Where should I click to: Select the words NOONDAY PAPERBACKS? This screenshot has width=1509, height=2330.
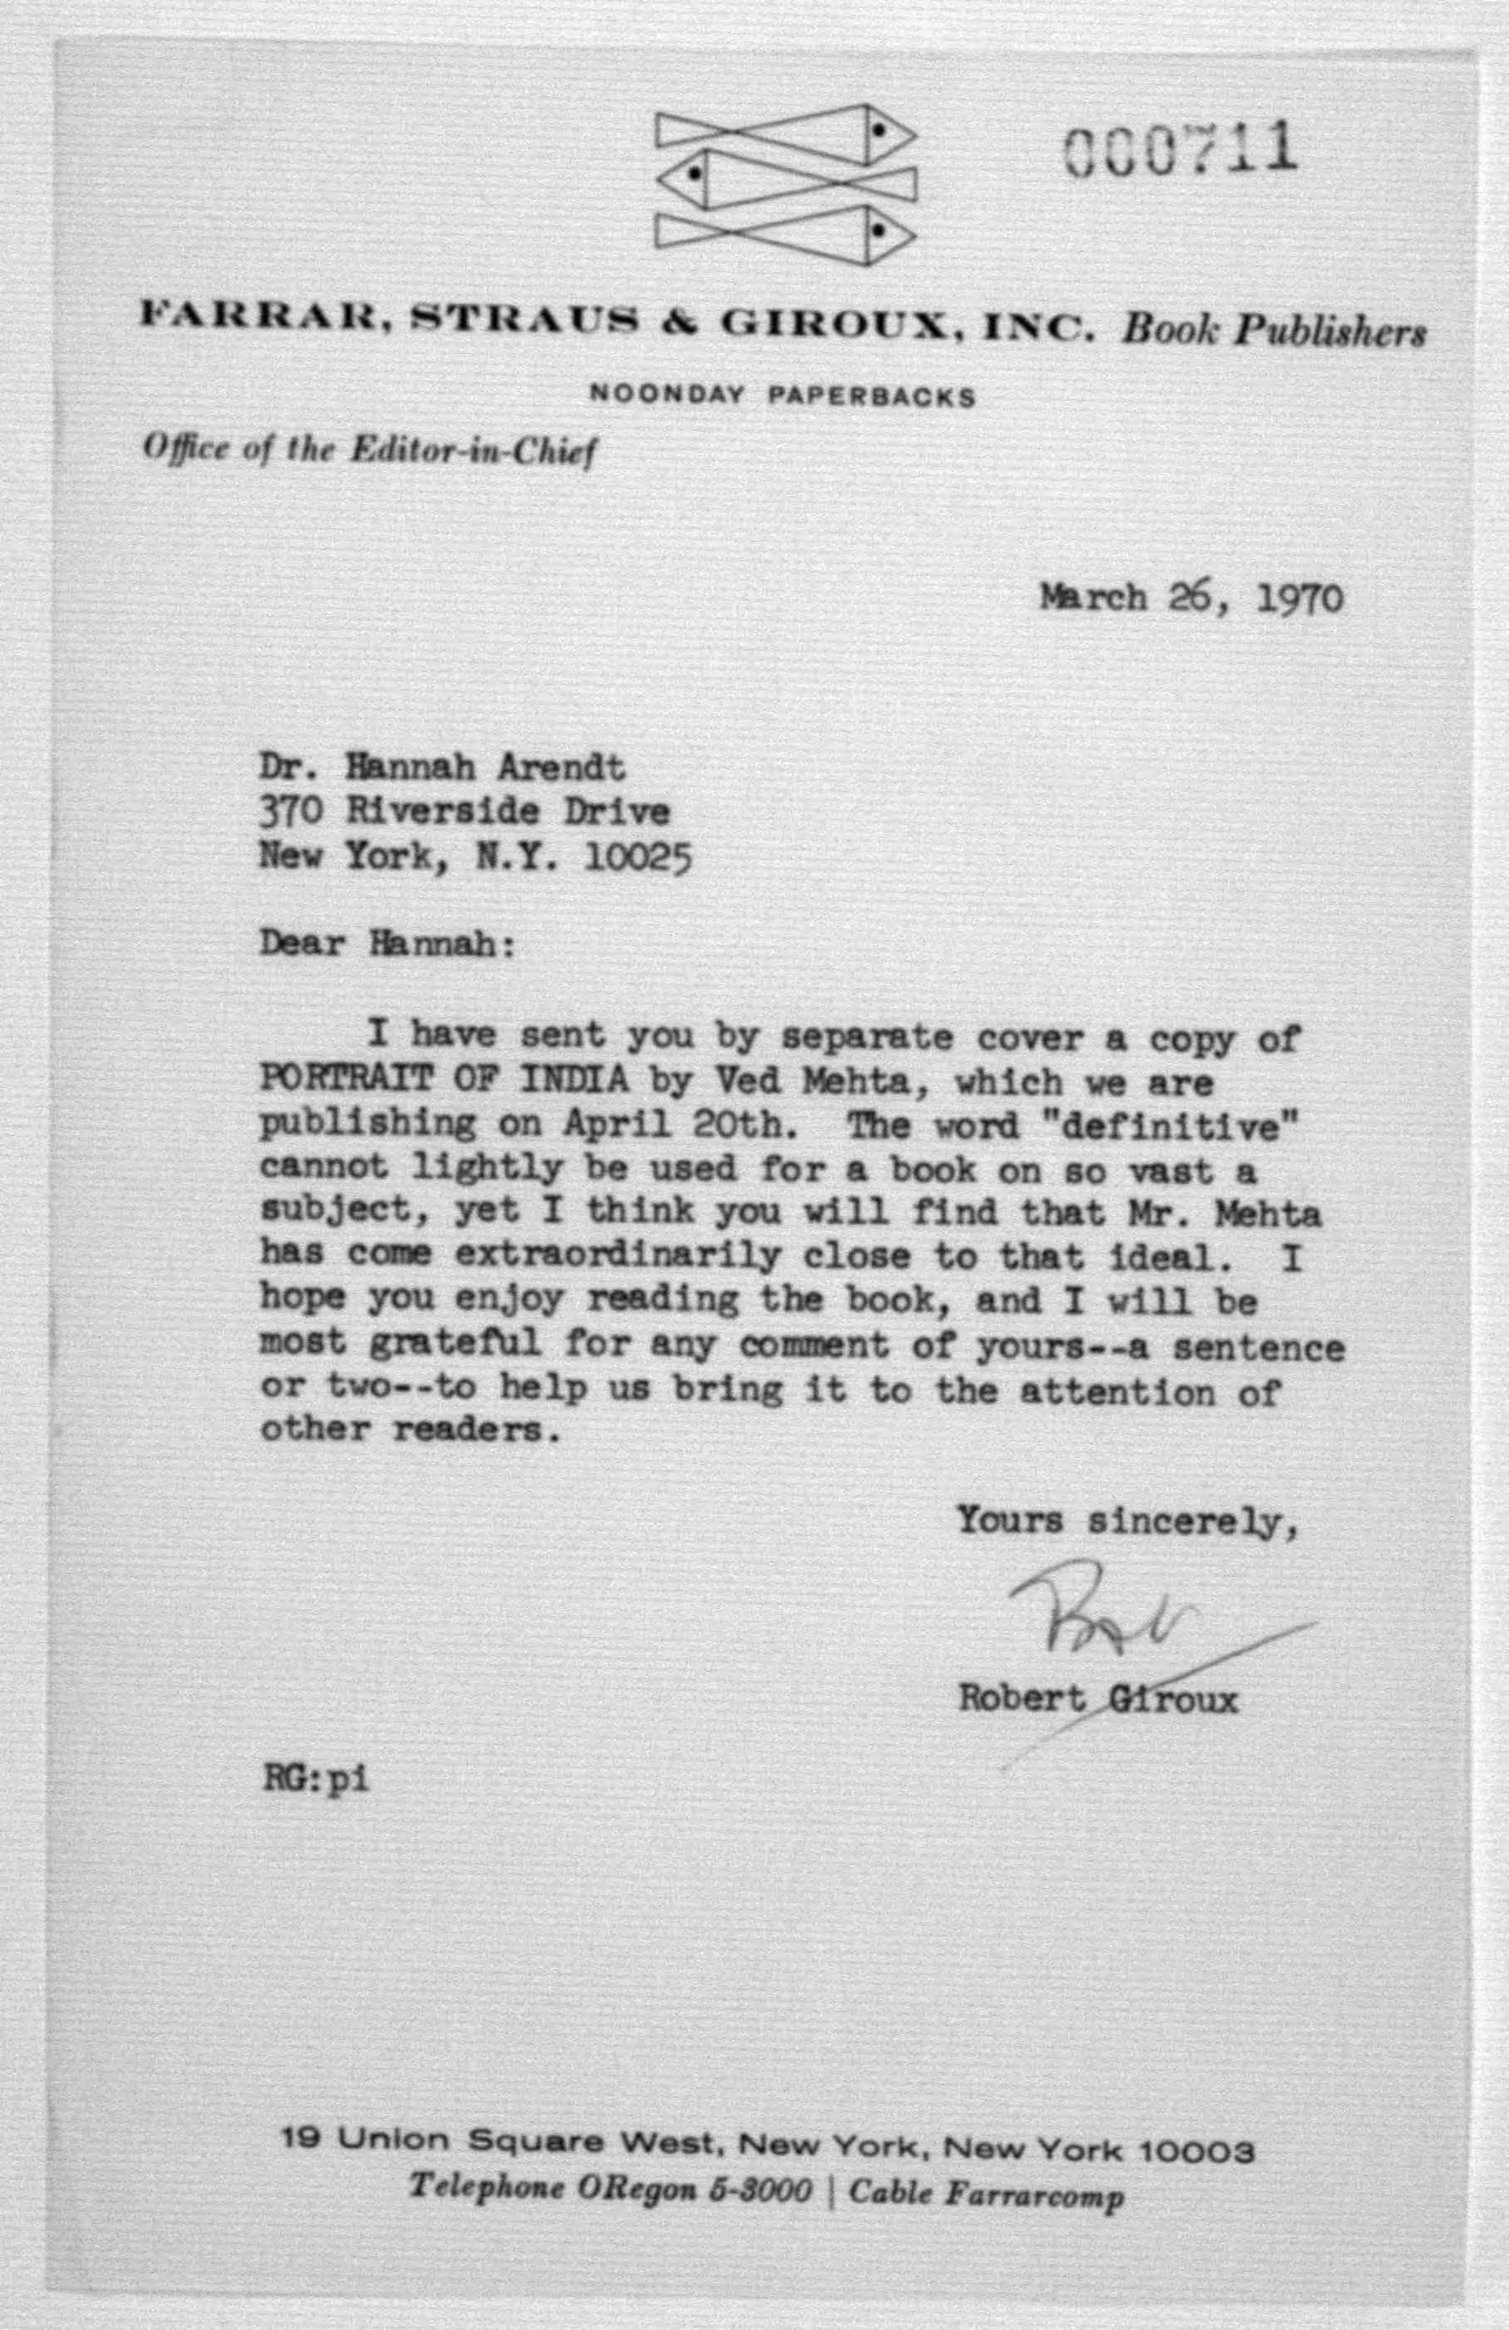tap(783, 397)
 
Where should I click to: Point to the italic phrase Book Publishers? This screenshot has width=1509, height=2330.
tap(1273, 333)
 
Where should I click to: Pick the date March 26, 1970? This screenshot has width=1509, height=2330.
tap(1191, 597)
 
